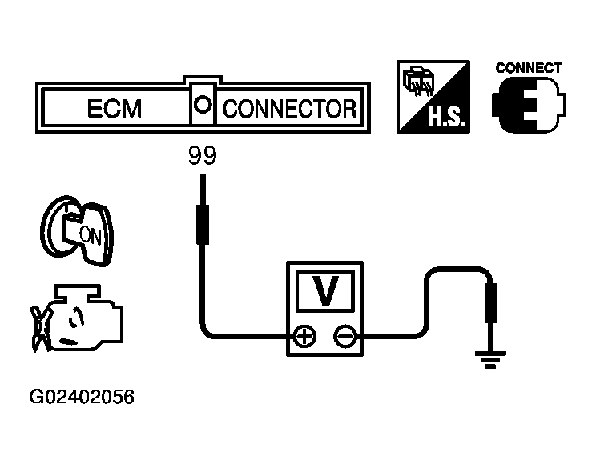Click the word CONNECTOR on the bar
[288, 109]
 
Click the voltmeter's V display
[324, 290]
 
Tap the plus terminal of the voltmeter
[304, 337]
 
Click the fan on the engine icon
[37, 327]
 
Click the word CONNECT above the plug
[528, 68]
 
